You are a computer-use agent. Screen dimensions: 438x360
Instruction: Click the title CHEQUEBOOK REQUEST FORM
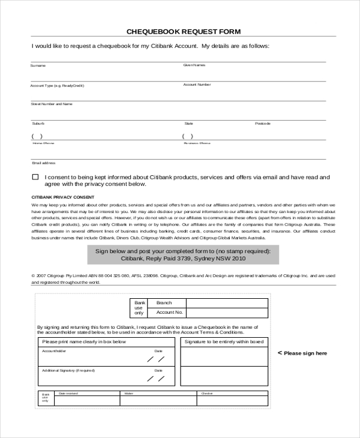coord(184,31)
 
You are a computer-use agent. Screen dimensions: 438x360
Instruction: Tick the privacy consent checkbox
coord(35,177)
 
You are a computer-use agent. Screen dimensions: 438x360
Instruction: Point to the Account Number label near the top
coord(197,85)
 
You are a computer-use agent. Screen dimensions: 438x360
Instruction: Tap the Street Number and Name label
coord(51,104)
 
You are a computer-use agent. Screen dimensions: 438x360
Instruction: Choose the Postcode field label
coord(262,124)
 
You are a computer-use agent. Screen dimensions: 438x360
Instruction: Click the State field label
coord(188,124)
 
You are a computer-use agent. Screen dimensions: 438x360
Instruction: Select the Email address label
coord(43,163)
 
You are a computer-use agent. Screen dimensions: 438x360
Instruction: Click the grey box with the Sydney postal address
coord(183,254)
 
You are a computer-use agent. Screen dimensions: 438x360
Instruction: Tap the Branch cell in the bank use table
coord(164,303)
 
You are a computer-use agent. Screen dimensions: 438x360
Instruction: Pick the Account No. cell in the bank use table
coord(169,312)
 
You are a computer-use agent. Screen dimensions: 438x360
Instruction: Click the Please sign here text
coord(302,353)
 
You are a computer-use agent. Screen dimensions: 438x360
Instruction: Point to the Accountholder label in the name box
coord(54,350)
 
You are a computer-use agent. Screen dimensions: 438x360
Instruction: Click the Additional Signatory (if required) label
coord(68,370)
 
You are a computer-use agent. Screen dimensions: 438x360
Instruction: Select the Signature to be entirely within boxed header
coord(224,341)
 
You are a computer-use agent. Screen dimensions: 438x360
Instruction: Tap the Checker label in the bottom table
coord(207,394)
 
